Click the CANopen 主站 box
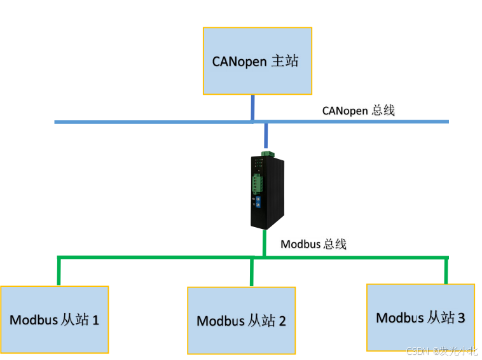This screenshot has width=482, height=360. click(x=257, y=61)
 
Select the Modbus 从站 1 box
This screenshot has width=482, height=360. click(x=54, y=319)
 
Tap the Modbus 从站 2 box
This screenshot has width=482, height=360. click(x=241, y=320)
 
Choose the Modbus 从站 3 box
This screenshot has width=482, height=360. click(x=420, y=317)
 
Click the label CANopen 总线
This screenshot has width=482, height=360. click(x=358, y=111)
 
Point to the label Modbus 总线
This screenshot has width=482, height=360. click(x=313, y=244)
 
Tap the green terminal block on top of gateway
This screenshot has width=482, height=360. click(x=266, y=153)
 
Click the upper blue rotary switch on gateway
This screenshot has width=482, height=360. click(x=258, y=200)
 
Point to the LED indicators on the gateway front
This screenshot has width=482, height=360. click(x=257, y=165)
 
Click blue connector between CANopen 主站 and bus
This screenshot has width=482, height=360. click(x=252, y=107)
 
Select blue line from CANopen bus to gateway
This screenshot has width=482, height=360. click(x=266, y=136)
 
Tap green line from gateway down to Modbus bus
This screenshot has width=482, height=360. click(x=263, y=244)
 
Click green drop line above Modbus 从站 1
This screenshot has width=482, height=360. click(x=59, y=271)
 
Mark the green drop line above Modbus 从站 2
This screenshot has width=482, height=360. click(x=252, y=272)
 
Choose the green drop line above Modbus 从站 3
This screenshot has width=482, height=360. click(x=446, y=270)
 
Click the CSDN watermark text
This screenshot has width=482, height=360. click(x=441, y=351)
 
